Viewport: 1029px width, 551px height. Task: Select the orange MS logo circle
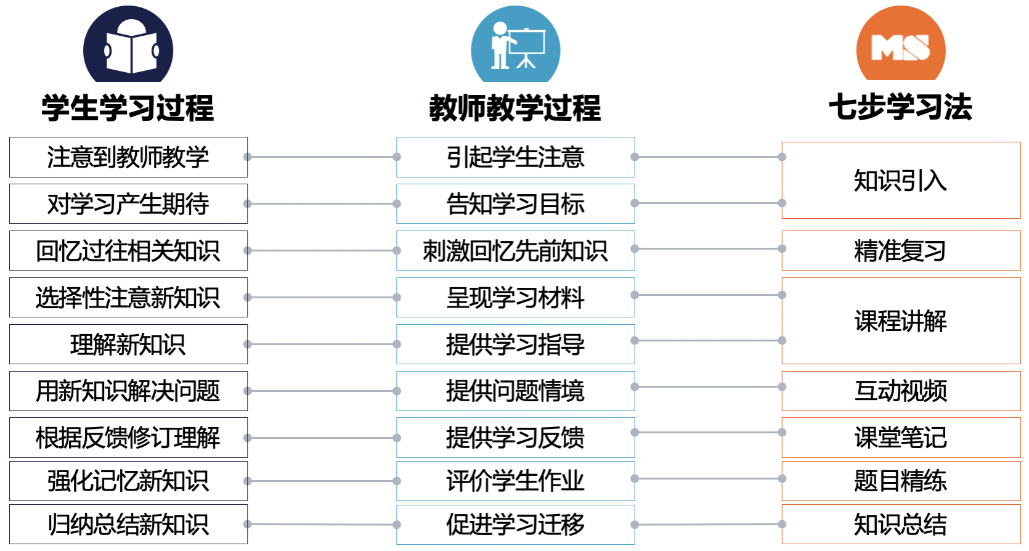tap(900, 45)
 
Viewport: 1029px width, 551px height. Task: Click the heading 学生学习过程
tap(128, 108)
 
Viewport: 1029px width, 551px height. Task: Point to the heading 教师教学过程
tap(515, 108)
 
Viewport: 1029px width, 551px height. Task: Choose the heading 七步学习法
tap(900, 107)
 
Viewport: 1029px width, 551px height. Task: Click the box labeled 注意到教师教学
tap(128, 157)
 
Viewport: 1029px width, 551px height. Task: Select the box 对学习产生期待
tap(128, 204)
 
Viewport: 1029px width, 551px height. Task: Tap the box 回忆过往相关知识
tap(128, 251)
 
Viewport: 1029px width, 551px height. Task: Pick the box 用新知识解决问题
tap(128, 391)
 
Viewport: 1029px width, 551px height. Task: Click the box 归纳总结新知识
tap(128, 524)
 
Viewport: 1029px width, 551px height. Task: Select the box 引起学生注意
tap(515, 157)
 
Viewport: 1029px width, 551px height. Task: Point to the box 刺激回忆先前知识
tap(515, 251)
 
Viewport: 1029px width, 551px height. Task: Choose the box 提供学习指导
tap(515, 344)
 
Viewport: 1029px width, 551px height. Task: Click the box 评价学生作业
tap(515, 481)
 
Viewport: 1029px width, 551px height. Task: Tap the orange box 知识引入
tap(901, 181)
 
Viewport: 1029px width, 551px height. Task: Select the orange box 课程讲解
tap(901, 321)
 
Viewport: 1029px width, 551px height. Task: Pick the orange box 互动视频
tap(901, 391)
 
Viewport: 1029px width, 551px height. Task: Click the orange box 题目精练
tap(901, 481)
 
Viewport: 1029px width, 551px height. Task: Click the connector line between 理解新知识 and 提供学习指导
tap(322, 344)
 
